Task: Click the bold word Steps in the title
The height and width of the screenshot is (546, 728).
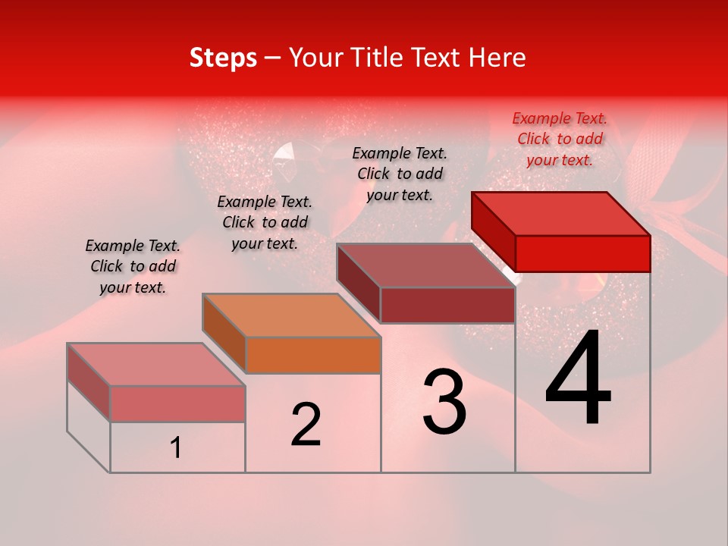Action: click(223, 58)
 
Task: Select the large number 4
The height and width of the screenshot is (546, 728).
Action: click(578, 380)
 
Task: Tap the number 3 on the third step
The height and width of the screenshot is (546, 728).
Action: click(444, 403)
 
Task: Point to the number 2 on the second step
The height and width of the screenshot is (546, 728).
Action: click(306, 425)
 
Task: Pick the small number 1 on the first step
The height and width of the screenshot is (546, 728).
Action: click(176, 448)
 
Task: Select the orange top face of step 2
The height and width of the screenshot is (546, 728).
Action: click(291, 315)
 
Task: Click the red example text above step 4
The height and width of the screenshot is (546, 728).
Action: click(560, 139)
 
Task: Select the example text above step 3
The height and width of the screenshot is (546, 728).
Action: click(400, 174)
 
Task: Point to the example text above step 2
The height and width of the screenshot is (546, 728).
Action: click(265, 222)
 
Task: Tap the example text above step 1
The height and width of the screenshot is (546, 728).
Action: click(133, 266)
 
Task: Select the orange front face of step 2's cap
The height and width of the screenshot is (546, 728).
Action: click(313, 355)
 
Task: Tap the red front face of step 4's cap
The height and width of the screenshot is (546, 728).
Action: click(582, 253)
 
